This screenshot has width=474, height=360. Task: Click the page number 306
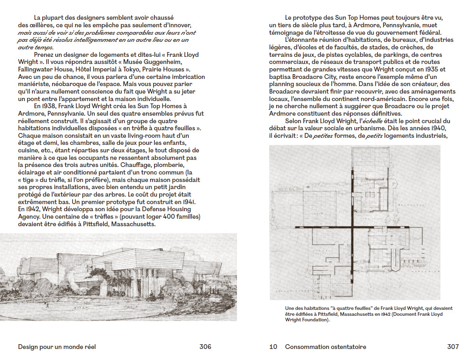(205, 347)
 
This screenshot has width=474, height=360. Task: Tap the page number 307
(453, 347)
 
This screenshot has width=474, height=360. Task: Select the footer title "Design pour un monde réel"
(57, 347)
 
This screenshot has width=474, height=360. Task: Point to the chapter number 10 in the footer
(273, 347)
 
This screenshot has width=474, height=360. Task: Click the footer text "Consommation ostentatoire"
(325, 347)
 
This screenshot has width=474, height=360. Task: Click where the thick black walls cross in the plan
(351, 228)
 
